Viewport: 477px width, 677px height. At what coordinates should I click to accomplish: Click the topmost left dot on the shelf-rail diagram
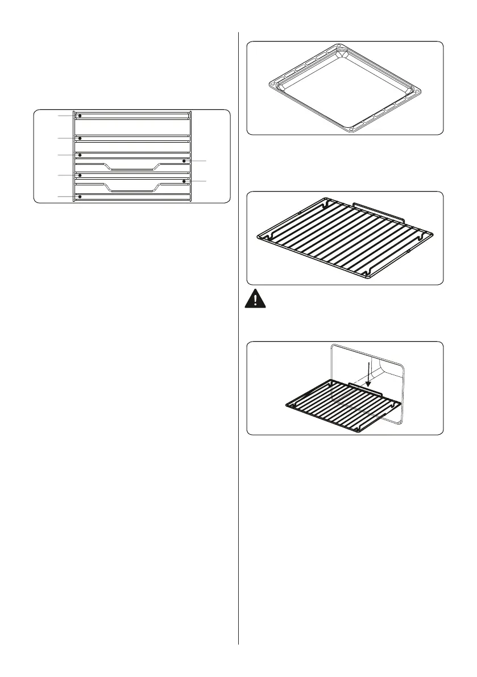coord(80,116)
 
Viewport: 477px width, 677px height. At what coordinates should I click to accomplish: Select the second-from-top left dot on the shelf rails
coord(80,138)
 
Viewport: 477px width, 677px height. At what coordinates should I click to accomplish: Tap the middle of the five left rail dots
coord(80,155)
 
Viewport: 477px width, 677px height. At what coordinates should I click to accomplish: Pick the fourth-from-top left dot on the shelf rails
coord(80,176)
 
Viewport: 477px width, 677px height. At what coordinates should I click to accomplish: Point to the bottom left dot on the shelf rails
coord(80,197)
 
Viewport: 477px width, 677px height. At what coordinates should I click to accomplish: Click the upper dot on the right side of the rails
coord(185,161)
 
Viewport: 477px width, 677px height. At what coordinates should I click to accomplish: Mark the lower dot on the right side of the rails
coord(185,181)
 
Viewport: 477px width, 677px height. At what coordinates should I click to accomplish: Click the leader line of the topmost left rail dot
coord(65,116)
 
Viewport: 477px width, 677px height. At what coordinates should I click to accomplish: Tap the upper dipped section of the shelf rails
coord(131,169)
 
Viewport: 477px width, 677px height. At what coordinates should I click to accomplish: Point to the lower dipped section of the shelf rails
coord(131,190)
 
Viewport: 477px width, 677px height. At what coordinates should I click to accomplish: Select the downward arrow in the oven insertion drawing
coord(368,376)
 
